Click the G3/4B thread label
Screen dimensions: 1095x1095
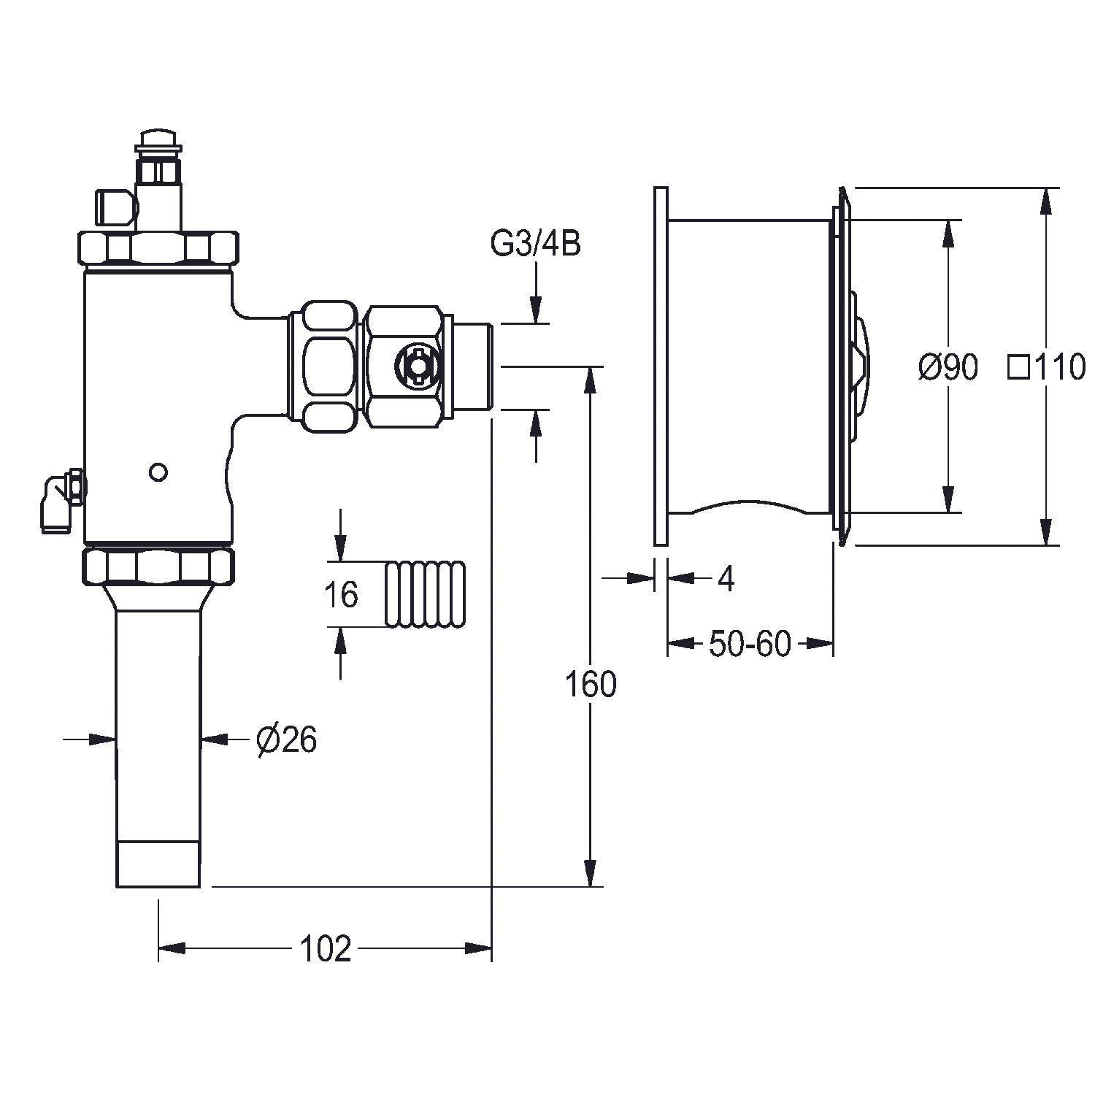(x=535, y=245)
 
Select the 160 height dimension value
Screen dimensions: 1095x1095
(x=591, y=685)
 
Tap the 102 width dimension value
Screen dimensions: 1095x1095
(x=326, y=948)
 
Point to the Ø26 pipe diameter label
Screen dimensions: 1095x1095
(x=287, y=741)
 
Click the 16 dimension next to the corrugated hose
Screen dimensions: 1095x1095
(x=341, y=595)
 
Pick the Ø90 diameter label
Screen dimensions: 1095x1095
(x=948, y=367)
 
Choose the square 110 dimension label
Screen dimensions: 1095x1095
(x=1047, y=367)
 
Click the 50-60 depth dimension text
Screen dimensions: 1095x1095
(x=750, y=644)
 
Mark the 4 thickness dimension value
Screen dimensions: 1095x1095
(x=726, y=579)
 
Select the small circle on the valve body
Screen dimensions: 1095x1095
(x=158, y=472)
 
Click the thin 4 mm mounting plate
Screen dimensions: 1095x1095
(x=661, y=365)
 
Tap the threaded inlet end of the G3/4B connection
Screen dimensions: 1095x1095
(x=475, y=365)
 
